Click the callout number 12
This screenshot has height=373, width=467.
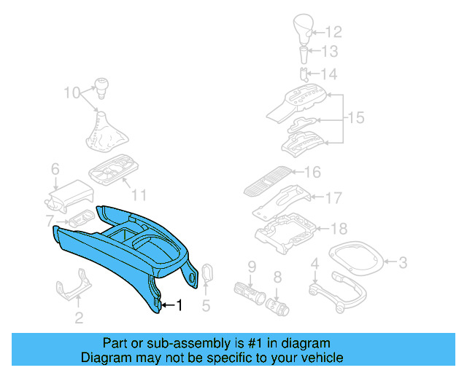click(x=333, y=31)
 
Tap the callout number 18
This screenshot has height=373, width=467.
click(x=339, y=229)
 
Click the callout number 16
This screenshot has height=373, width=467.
click(x=312, y=173)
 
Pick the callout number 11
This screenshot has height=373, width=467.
click(x=138, y=195)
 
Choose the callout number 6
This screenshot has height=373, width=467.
click(x=55, y=169)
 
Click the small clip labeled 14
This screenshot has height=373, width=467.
click(x=305, y=74)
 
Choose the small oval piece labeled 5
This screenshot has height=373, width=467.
click(x=205, y=276)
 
